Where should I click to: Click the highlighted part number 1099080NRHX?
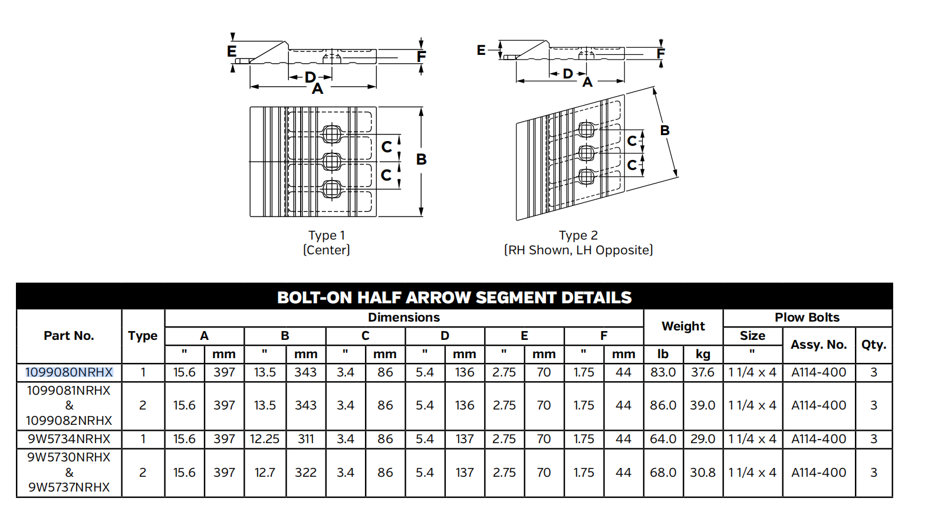[x=69, y=372]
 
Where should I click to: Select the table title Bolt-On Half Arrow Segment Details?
[x=454, y=297]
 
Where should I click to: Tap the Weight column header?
[x=683, y=326]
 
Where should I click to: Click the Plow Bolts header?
[x=807, y=317]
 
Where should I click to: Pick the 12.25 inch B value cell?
[x=265, y=439]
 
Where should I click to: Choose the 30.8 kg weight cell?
[x=703, y=473]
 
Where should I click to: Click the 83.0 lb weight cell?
[x=663, y=372]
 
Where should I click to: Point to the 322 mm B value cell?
[x=305, y=473]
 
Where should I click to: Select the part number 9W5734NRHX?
[x=69, y=439]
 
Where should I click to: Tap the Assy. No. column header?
[x=818, y=345]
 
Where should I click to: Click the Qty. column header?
[x=873, y=345]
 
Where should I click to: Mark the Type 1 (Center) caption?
[x=327, y=243]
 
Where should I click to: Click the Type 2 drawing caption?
[x=578, y=243]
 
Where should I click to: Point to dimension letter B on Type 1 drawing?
[x=421, y=159]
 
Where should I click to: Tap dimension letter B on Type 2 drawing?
[x=664, y=130]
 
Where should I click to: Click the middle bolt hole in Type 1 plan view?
[x=332, y=161]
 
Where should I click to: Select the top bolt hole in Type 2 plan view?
[x=587, y=129]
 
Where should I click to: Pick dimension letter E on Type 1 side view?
[x=232, y=51]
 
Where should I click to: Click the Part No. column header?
[x=69, y=336]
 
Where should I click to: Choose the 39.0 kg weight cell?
[x=703, y=405]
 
